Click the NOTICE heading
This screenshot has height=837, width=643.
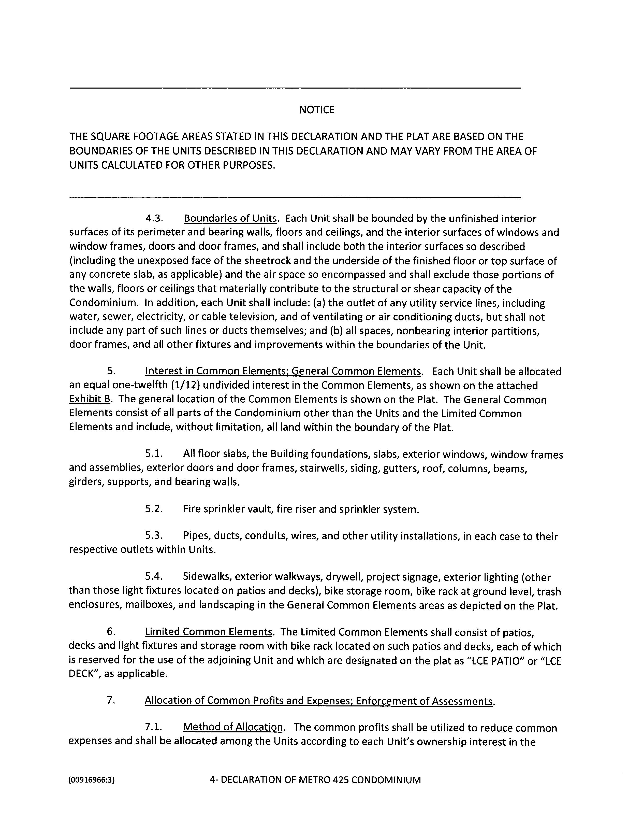click(x=316, y=110)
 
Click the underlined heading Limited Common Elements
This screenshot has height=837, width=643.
click(x=208, y=632)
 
